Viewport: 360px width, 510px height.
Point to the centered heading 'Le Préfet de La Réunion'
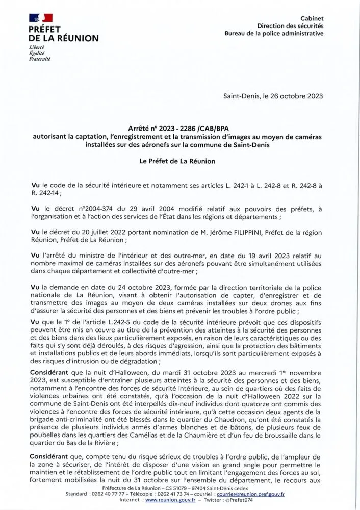click(180, 161)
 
